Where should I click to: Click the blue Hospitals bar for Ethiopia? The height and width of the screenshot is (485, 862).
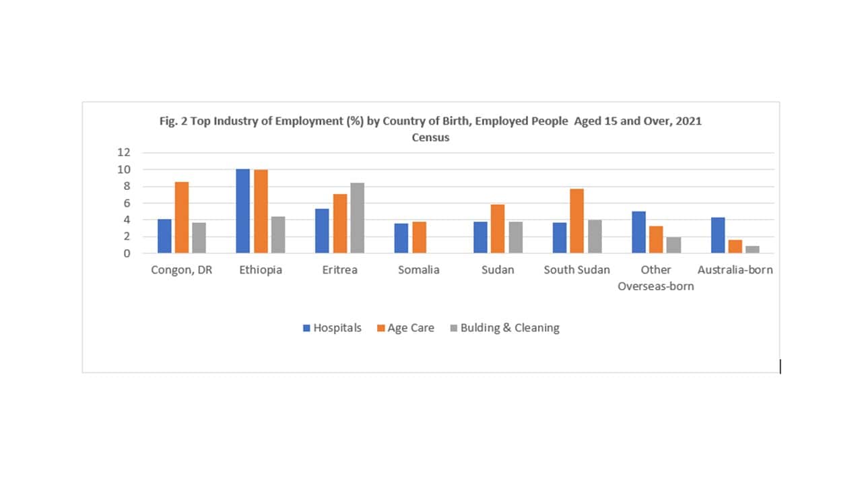[243, 212]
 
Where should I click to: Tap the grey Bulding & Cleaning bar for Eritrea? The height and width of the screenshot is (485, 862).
[357, 218]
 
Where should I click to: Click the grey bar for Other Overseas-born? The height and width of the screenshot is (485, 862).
[673, 245]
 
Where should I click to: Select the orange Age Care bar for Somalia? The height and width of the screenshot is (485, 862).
[419, 238]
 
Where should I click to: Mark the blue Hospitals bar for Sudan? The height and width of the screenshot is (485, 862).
[480, 238]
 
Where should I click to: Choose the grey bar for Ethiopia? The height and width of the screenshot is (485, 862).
[277, 235]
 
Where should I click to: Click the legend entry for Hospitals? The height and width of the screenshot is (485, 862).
[332, 328]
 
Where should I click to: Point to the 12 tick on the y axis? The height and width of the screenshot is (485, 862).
[123, 152]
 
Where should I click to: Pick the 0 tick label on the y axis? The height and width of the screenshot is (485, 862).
[126, 253]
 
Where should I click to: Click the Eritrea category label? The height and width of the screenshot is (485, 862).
[339, 270]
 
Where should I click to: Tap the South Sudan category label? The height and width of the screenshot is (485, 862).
[577, 270]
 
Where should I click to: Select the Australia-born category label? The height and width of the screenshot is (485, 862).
[735, 270]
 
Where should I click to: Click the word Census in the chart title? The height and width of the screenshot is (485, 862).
[430, 137]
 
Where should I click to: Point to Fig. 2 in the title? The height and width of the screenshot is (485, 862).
[171, 121]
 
